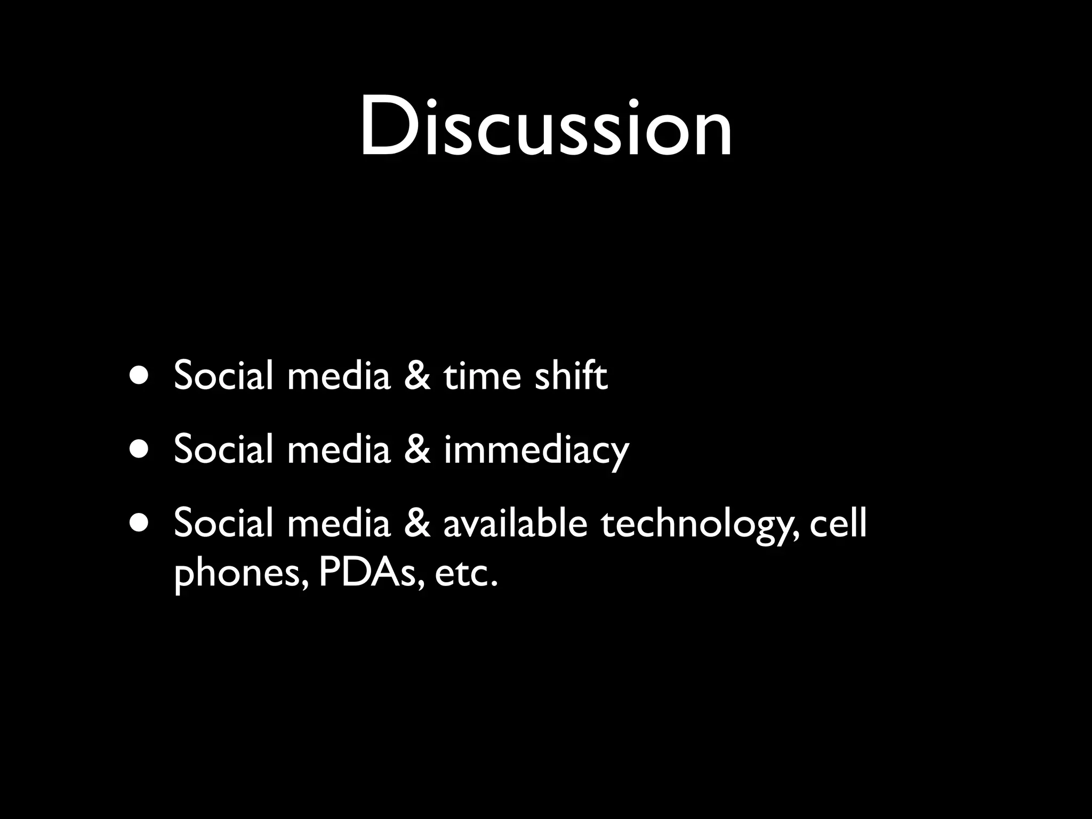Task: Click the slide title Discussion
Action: pos(545,127)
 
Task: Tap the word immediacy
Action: pos(536,451)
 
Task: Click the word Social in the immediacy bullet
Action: pos(223,449)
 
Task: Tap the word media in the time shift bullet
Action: pos(339,376)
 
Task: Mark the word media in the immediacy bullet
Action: pos(339,449)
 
